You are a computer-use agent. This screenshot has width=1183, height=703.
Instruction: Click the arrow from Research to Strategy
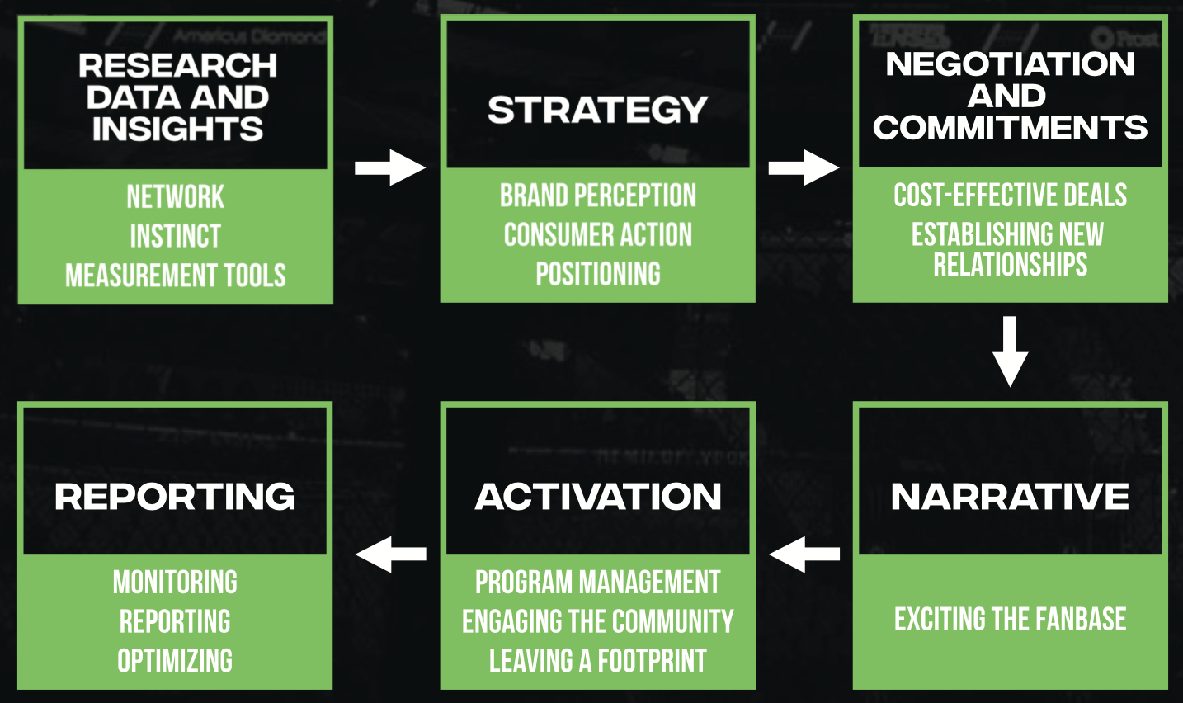pos(389,168)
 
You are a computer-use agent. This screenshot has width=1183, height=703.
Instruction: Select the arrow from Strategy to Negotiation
pos(804,168)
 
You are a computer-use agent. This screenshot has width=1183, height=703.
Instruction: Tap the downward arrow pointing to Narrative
pos(1011,351)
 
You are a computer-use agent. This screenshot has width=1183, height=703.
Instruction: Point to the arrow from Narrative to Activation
pos(804,554)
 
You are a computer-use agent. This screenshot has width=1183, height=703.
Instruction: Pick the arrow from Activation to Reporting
pos(391,554)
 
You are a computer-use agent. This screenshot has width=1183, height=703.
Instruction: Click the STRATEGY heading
pos(598,110)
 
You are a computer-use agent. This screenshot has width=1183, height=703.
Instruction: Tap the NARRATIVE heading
pos(1011,497)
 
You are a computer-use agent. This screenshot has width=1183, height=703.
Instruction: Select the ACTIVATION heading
pos(598,497)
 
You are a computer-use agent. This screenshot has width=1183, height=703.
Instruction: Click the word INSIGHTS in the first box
pos(177,129)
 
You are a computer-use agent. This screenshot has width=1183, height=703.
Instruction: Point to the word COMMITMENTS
pos(1011,127)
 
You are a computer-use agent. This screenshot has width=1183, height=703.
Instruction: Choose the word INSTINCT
pos(176,235)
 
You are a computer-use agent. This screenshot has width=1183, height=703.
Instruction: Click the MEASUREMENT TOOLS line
pos(176,276)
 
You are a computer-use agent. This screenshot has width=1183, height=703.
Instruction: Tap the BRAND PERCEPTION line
pos(598,196)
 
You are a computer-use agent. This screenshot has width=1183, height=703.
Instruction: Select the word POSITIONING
pos(598,274)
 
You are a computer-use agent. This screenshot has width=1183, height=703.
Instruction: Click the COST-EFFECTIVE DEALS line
pos(1011,196)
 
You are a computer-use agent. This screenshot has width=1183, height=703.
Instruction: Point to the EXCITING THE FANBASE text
pos(1011,619)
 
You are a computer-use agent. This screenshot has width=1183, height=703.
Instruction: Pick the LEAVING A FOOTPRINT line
pos(598,660)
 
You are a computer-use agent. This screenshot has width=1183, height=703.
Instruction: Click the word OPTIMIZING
pos(175,660)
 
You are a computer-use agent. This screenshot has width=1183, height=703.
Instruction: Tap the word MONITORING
pos(175,582)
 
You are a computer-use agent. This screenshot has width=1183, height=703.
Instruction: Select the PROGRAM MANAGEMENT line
pos(598,582)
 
